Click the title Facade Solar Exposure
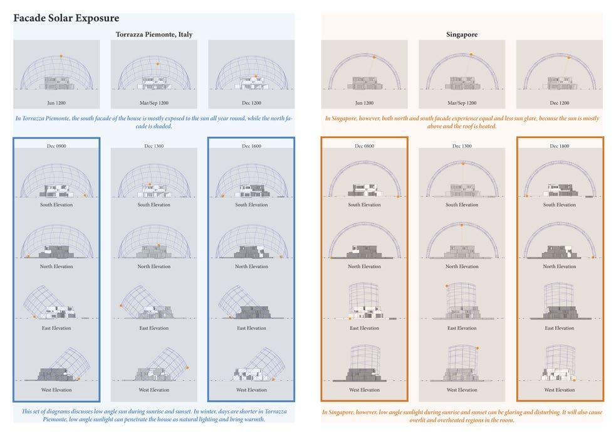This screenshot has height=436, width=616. [66, 18]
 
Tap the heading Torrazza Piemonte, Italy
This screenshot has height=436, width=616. [154, 35]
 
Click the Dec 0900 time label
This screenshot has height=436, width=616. [56, 146]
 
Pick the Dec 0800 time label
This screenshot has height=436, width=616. [364, 146]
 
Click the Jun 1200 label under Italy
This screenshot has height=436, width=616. [56, 102]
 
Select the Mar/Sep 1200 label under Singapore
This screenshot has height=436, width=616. [462, 102]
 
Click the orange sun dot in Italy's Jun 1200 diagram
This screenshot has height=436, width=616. [61, 56]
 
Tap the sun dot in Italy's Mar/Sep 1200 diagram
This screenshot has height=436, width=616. [157, 64]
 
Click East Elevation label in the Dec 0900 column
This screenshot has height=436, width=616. [56, 328]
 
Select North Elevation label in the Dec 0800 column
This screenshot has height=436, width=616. [364, 267]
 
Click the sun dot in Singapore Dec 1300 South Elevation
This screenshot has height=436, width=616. [463, 164]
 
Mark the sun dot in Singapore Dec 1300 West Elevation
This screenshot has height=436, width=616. [478, 347]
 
